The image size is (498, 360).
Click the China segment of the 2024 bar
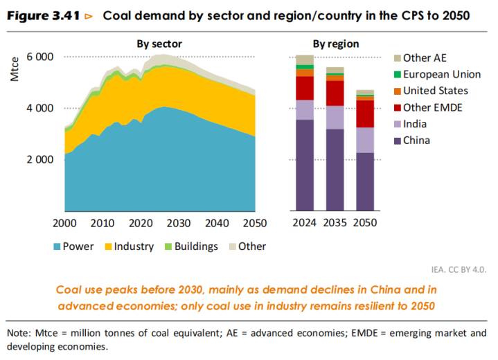[305, 164]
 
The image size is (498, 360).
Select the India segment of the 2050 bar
[365, 140]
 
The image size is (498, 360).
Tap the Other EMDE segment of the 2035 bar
[335, 93]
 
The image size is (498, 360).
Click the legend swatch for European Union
[397, 75]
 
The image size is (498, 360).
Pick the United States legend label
[435, 91]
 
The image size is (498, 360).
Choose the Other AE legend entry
[425, 57]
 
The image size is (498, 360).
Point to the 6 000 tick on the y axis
[40, 57]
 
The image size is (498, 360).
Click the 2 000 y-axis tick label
[40, 159]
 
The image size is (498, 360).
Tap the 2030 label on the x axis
[177, 223]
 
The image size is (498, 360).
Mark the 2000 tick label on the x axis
[64, 223]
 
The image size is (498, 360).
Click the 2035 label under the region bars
[335, 223]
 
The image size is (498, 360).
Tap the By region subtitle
[336, 44]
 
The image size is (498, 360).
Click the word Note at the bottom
[19, 333]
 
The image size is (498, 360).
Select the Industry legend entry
[129, 246]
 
